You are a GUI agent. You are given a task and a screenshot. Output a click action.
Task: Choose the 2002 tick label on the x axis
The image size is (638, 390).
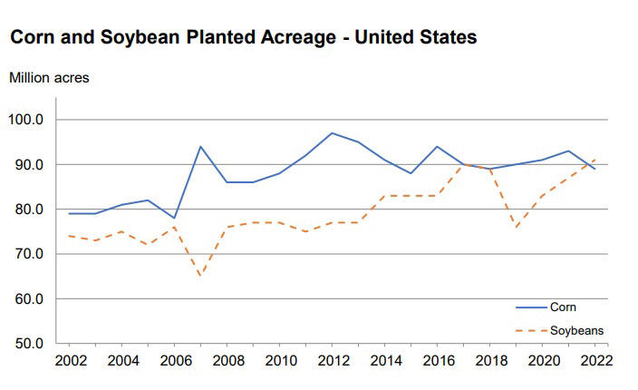coord(70,360)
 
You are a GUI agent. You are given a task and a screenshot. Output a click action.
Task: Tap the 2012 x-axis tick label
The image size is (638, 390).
coord(333,360)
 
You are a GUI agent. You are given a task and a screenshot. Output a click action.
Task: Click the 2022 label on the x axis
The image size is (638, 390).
coord(595,360)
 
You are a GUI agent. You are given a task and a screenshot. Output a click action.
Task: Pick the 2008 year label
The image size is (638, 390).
coord(227,360)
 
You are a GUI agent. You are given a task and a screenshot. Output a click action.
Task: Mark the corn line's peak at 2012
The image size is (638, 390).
coord(333,132)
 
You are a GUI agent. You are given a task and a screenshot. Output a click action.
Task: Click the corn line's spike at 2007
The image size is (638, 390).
coord(200,146)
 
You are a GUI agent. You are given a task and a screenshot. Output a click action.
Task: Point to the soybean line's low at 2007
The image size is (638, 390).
coord(200,276)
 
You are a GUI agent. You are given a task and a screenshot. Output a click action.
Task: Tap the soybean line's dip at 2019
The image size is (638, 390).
coord(517,229)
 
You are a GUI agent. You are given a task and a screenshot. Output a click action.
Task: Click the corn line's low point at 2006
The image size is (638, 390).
coord(174,218)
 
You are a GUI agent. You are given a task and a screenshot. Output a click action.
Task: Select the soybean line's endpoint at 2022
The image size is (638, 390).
coord(595,160)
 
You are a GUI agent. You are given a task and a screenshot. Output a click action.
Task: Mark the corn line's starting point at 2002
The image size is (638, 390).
coord(70,213)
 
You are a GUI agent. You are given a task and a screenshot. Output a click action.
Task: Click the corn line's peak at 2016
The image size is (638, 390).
coord(438,146)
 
